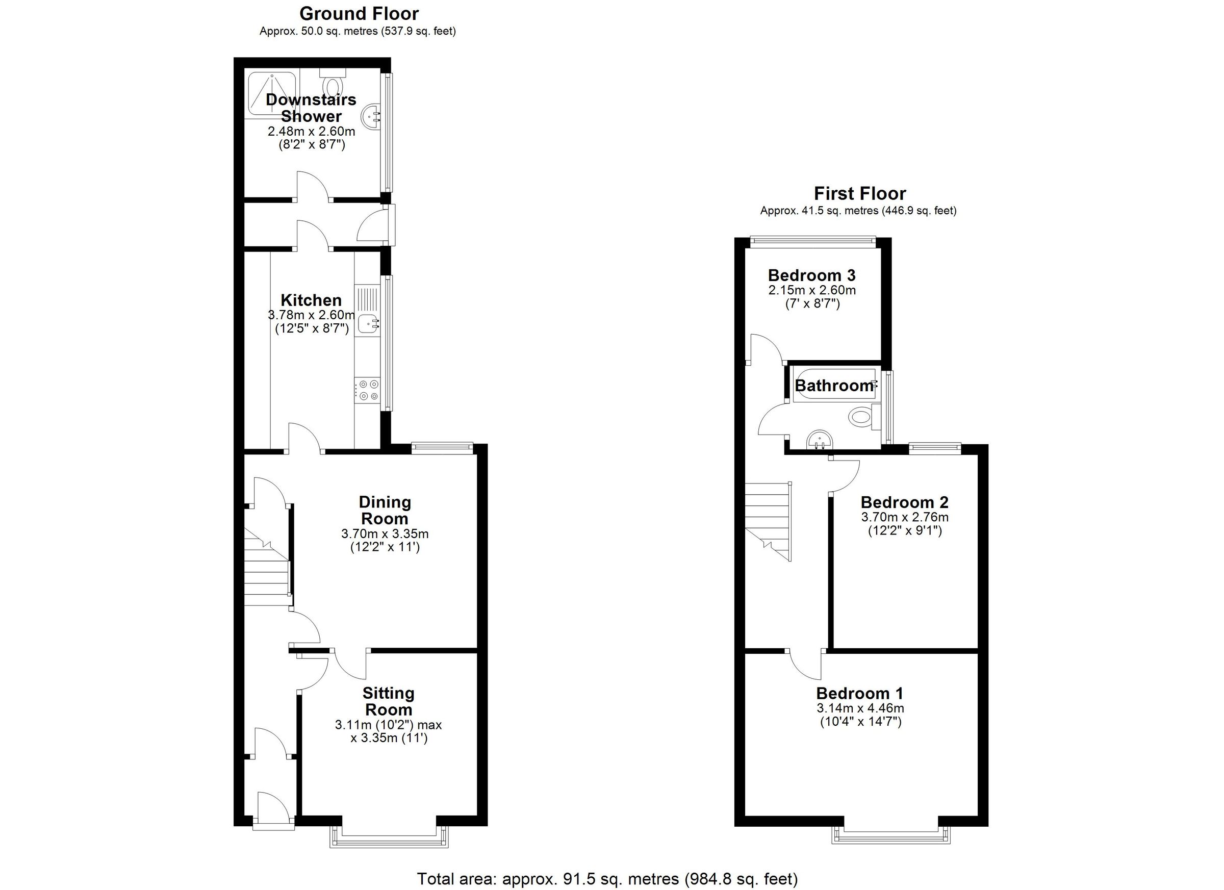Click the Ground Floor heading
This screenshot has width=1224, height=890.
point(359,13)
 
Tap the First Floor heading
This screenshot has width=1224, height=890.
point(860,193)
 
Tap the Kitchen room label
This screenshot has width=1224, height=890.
point(311,300)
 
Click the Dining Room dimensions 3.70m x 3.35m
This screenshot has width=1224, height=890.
point(385,534)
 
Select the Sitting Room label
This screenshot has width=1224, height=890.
point(388,701)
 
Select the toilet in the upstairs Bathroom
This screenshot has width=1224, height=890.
point(861,417)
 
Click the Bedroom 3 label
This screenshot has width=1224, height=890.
point(812,275)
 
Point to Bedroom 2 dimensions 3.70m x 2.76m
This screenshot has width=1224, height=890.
point(905,517)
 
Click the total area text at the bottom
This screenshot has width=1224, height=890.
point(607,878)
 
